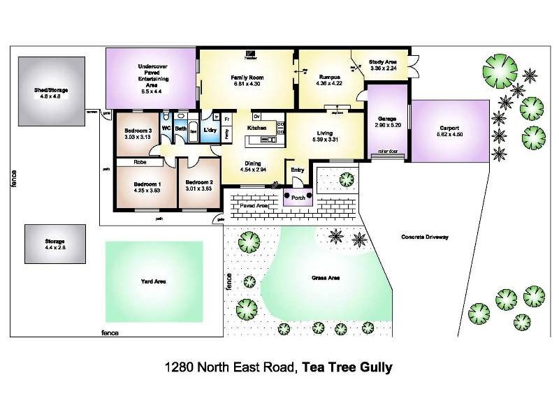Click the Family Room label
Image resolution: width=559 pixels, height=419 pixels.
coord(246,78)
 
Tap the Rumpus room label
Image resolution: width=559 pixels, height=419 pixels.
coord(330,78)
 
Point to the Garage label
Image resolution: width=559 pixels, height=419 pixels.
coord(386,119)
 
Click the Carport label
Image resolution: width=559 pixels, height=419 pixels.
coord(449,128)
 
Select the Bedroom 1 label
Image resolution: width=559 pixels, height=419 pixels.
coord(147,184)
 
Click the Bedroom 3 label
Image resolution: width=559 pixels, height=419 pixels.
coord(138,131)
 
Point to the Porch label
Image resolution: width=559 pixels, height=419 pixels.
coord(298,197)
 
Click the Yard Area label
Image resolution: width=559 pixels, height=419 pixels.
coord(153,281)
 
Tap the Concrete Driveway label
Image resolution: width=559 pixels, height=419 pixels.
coord(425,237)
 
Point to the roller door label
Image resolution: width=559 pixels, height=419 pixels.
coord(386,151)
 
